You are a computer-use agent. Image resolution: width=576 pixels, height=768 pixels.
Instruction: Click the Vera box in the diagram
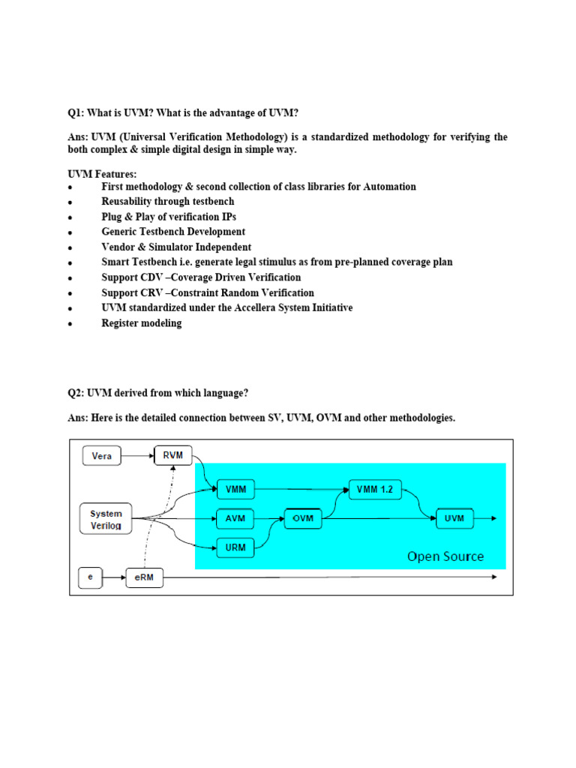(x=101, y=456)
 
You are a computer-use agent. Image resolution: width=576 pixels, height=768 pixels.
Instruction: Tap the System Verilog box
(x=106, y=518)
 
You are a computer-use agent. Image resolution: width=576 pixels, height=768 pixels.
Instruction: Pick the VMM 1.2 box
(x=376, y=490)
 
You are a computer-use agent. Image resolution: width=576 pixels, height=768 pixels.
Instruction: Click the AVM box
(x=235, y=518)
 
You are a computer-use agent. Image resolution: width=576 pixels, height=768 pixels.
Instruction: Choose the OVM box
(x=302, y=518)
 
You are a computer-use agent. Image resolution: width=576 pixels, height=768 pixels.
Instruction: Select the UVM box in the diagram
(x=454, y=518)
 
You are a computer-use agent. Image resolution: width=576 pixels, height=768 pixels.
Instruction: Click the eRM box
(x=145, y=577)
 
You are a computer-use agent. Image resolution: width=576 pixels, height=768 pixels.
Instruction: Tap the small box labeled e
(x=91, y=577)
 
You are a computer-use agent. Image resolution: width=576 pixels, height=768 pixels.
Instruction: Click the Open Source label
(x=445, y=556)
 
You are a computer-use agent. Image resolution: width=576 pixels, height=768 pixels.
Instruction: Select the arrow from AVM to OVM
(x=269, y=518)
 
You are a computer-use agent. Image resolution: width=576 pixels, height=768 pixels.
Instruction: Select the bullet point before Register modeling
(x=70, y=324)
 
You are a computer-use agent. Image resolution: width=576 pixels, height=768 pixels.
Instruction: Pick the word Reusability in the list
(x=130, y=201)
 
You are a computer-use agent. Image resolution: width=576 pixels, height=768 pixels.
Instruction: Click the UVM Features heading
(x=102, y=174)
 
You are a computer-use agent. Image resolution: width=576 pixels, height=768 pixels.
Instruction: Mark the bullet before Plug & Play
(x=70, y=217)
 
